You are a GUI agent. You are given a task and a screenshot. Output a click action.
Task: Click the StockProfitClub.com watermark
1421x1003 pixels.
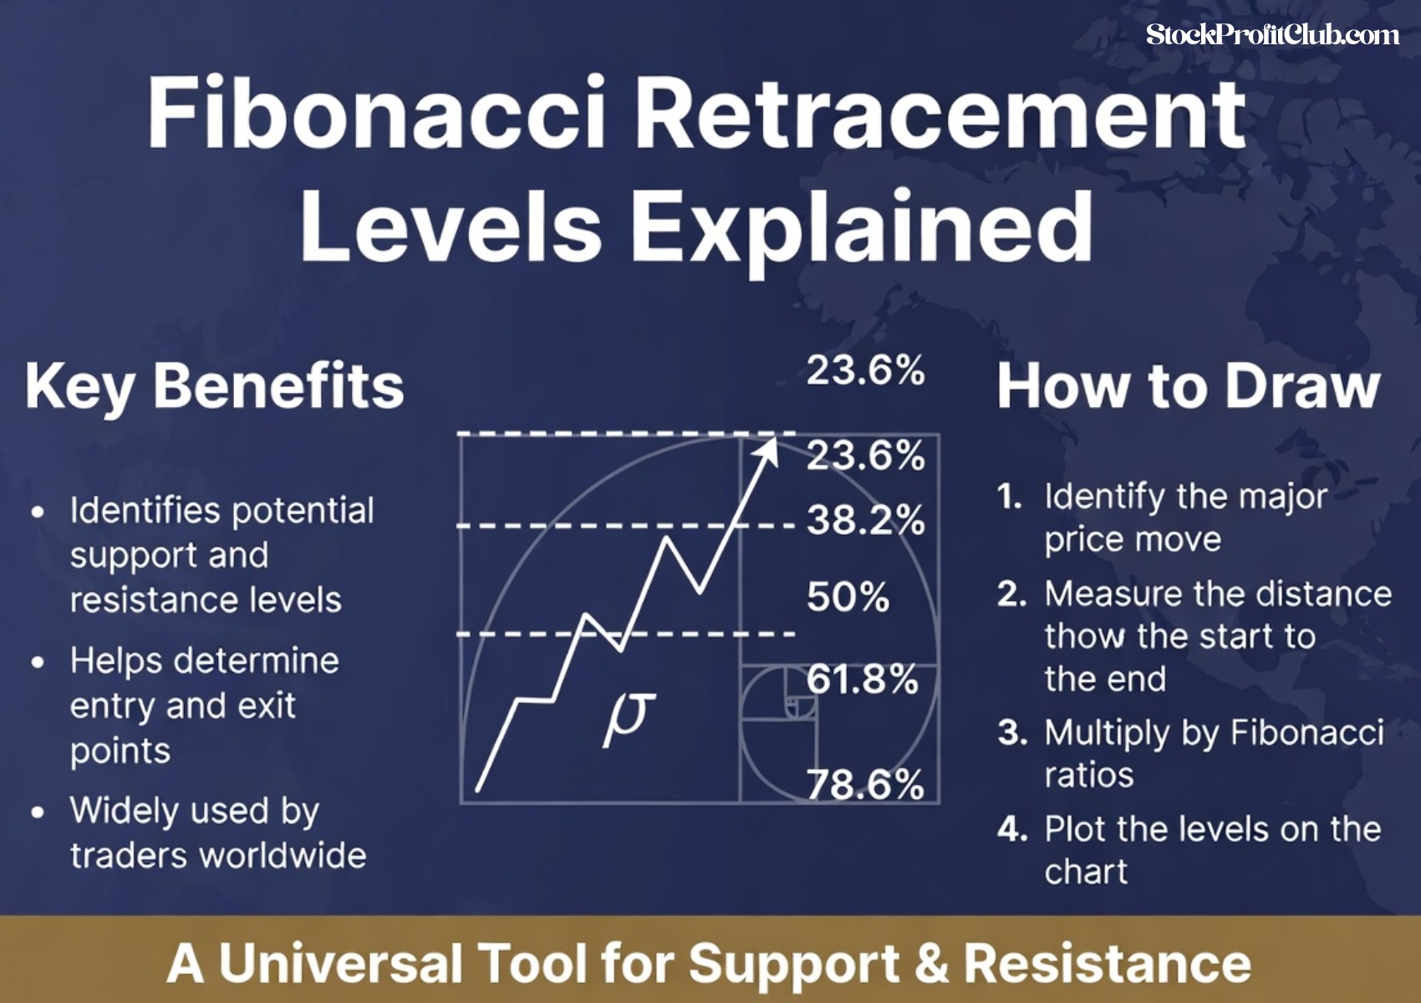(1272, 35)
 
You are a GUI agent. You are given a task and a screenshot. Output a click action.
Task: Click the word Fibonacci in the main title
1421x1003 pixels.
(376, 113)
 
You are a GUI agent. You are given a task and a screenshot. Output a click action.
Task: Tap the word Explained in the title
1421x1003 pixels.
(861, 226)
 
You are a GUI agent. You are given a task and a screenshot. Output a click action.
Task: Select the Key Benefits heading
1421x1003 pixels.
(214, 386)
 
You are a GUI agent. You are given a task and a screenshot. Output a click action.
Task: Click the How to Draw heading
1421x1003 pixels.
(1188, 386)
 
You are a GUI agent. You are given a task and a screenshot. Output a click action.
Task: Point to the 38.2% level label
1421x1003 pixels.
(865, 520)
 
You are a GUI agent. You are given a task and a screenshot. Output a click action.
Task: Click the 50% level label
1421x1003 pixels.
(848, 597)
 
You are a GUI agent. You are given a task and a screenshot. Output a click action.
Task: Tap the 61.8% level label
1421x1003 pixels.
(862, 679)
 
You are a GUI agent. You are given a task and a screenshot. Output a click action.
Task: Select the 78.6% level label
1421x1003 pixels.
(865, 784)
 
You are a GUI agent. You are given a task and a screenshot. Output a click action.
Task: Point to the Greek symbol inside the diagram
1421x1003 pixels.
(629, 716)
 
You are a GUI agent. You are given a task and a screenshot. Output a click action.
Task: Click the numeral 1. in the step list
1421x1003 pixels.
(1010, 496)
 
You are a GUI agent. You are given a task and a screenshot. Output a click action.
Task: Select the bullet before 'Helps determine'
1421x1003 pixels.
(38, 663)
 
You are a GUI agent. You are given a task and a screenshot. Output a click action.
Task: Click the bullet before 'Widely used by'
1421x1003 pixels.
(38, 812)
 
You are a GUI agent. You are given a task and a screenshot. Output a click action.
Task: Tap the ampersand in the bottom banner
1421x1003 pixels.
(931, 963)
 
